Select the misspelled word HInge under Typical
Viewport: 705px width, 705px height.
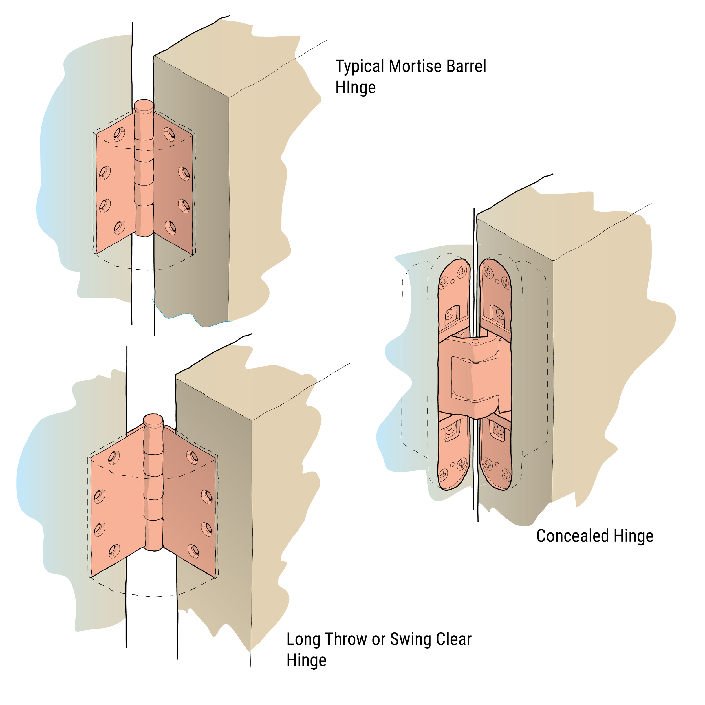tap(355, 88)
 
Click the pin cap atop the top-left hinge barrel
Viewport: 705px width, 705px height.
tap(144, 105)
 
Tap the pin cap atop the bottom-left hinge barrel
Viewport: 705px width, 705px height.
tap(153, 421)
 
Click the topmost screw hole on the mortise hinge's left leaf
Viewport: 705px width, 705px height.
tap(119, 134)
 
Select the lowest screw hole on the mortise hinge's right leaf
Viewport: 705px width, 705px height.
tap(170, 228)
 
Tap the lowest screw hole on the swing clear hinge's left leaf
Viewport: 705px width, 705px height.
tap(114, 551)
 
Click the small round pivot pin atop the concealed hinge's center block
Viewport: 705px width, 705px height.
tap(475, 341)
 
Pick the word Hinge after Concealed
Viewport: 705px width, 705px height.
tap(633, 536)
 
